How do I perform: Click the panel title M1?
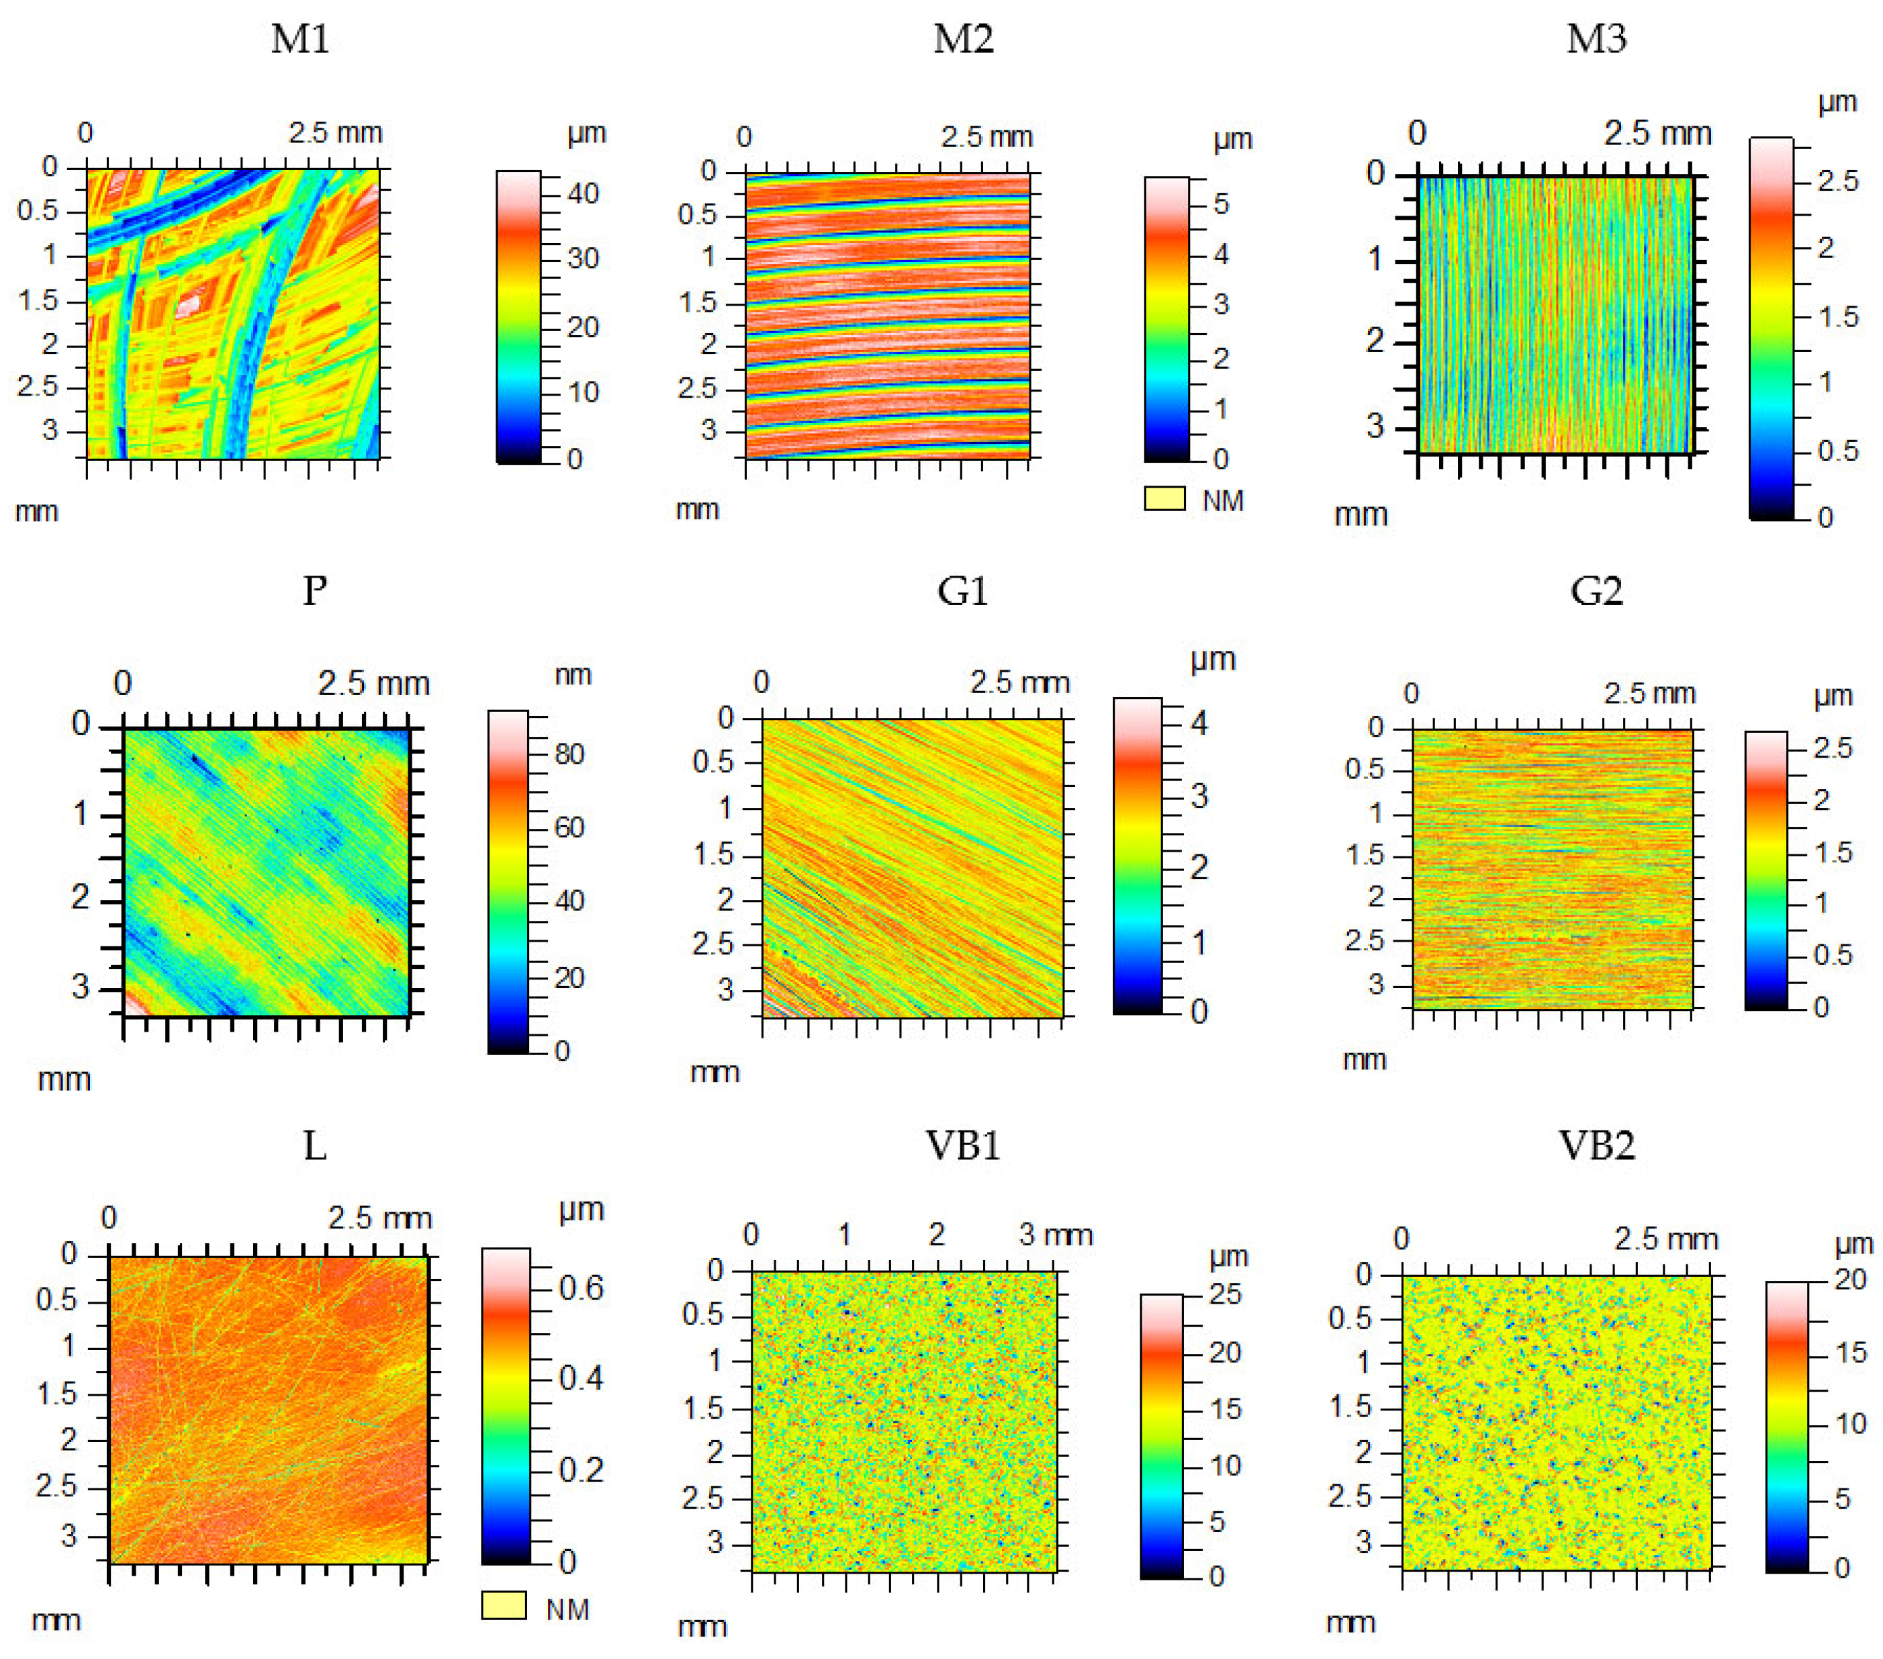tap(300, 40)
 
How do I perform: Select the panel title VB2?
tap(1596, 1146)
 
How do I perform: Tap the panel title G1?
tap(963, 590)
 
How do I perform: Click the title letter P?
tap(314, 590)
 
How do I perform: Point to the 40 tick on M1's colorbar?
tap(582, 193)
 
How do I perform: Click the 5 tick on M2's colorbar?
tap(1221, 204)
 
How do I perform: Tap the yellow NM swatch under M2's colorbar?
tap(1164, 498)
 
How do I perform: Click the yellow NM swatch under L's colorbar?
tap(504, 1605)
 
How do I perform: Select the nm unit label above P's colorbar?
tap(572, 675)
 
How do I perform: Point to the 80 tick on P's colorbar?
tap(568, 754)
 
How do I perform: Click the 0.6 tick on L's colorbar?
tap(582, 1288)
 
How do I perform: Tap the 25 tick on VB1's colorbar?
tap(1226, 1294)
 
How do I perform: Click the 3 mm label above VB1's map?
tap(1056, 1235)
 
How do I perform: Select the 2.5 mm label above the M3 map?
tap(1657, 134)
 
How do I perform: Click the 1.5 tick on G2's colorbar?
tap(1833, 852)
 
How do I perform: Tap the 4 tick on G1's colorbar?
tap(1199, 723)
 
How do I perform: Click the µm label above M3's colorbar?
tap(1837, 102)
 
